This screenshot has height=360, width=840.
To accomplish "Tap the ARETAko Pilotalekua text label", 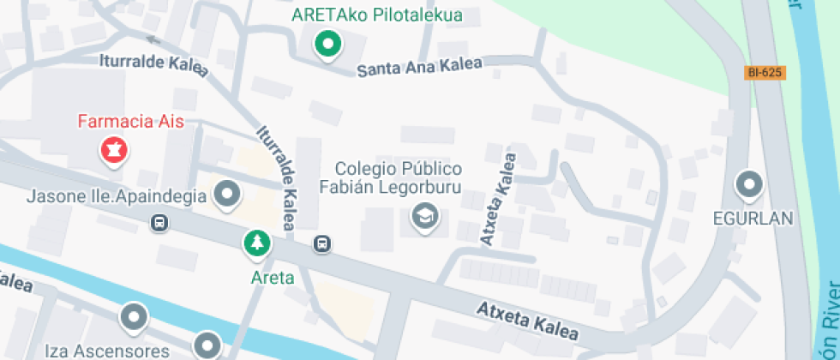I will pos(376,15).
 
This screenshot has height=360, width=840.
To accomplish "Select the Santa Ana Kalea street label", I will pos(419,67).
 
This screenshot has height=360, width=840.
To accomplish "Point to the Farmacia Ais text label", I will pos(131,122).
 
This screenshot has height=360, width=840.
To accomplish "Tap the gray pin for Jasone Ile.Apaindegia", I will pos(227,195).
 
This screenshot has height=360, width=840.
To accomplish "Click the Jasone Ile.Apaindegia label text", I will pos(117,196).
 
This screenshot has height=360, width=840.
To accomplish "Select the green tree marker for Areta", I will pos(256,244).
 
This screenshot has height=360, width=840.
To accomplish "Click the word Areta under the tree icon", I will pos(273,277).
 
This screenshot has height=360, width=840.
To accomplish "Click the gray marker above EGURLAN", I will pos(750,184).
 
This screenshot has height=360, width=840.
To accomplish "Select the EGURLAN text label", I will pos(753,219).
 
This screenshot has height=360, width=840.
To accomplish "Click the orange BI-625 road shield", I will pos(764,73).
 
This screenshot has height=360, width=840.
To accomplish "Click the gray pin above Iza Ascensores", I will pos(134,317).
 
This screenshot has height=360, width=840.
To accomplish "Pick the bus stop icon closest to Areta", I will pos(321,244).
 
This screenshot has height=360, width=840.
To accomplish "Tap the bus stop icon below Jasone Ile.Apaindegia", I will pos(159,223).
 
